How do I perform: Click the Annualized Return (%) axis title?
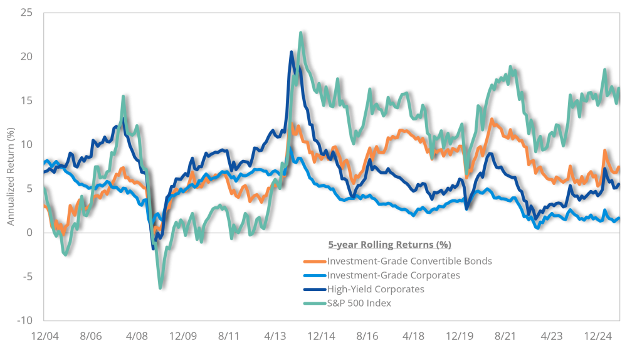[x=11, y=167]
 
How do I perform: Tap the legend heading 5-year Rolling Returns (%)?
[x=389, y=244]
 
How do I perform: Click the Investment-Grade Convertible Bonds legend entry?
[x=409, y=261]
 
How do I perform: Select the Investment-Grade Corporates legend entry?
[x=393, y=275]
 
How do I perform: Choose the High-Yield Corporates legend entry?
[x=375, y=290]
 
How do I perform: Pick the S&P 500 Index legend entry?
[x=359, y=304]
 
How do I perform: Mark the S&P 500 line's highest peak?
[x=301, y=32]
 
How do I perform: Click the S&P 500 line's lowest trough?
[x=160, y=289]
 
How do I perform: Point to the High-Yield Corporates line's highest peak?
[x=292, y=51]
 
